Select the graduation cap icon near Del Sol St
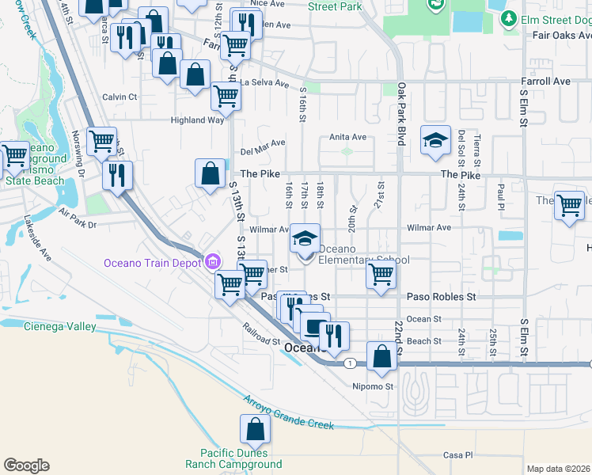click(x=435, y=141)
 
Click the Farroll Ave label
click(x=545, y=81)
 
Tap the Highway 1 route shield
click(x=349, y=363)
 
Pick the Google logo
click(x=26, y=465)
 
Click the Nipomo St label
click(x=373, y=386)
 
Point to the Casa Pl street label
click(x=457, y=455)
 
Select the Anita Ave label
click(x=347, y=137)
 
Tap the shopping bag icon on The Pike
click(x=210, y=173)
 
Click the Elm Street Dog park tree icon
click(x=510, y=17)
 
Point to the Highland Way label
click(x=197, y=120)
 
